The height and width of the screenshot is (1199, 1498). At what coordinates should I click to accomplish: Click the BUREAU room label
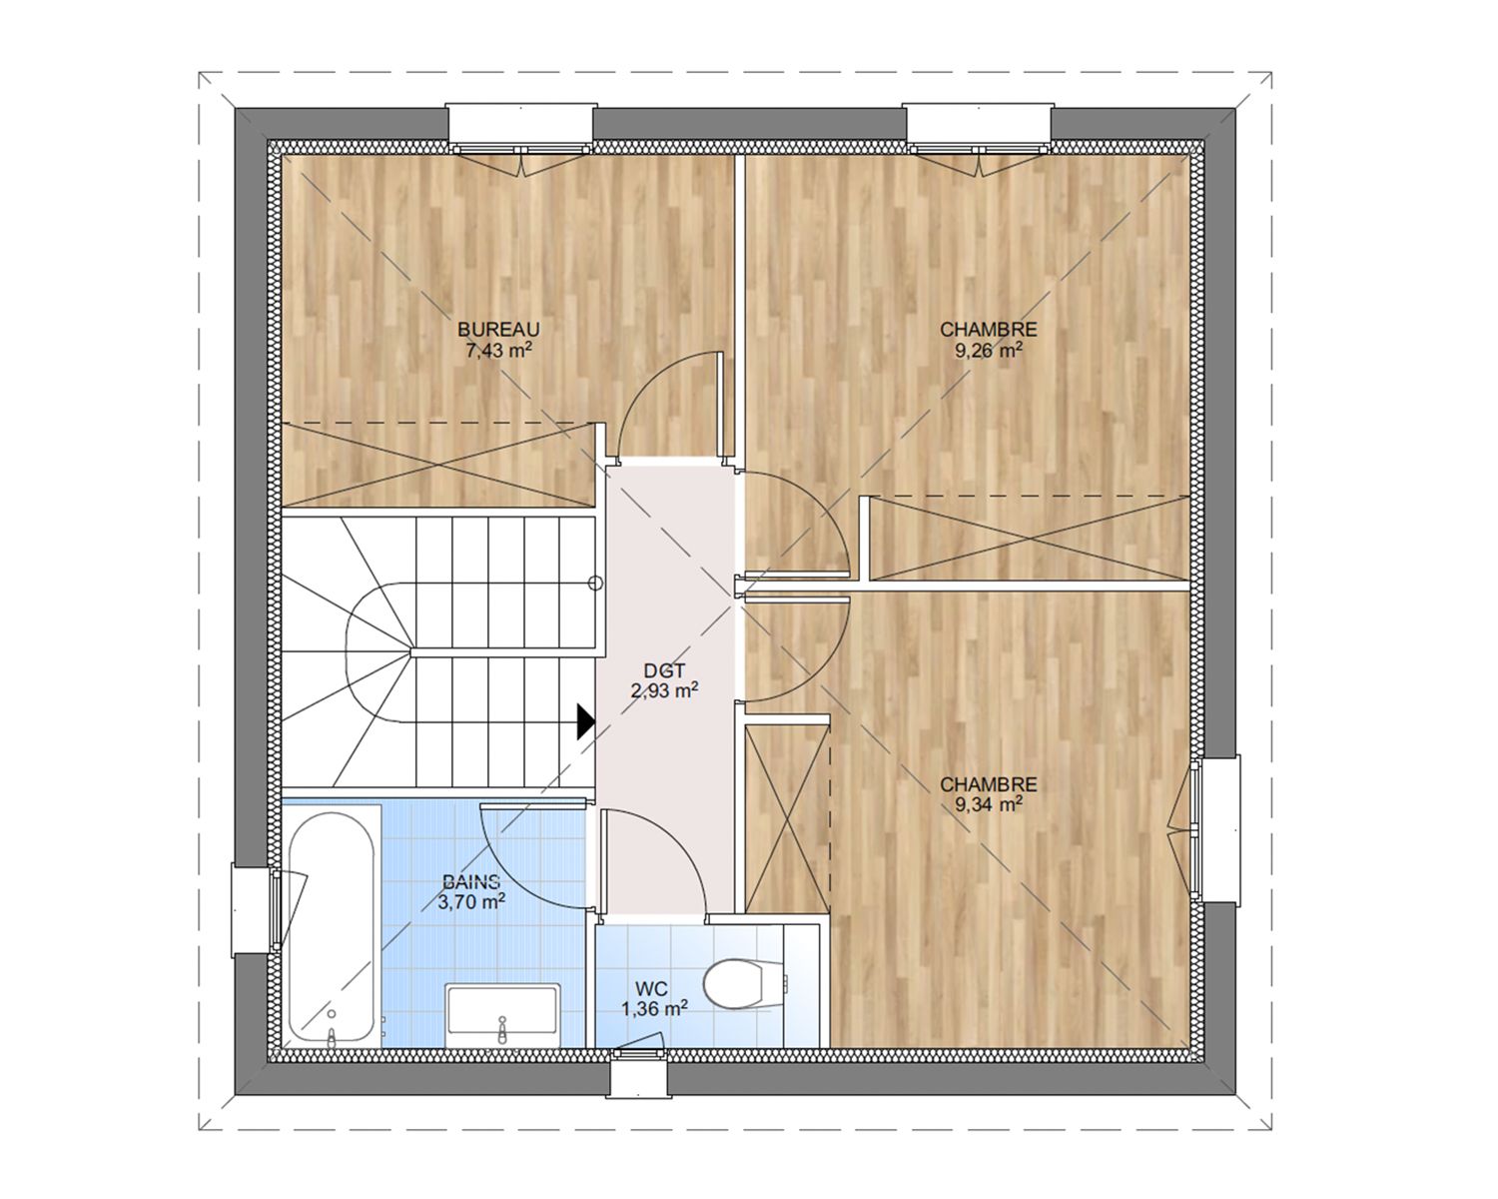click(x=498, y=329)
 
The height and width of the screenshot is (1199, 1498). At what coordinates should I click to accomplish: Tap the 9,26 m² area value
click(x=989, y=350)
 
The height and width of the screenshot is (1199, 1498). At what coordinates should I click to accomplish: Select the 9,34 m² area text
click(x=989, y=804)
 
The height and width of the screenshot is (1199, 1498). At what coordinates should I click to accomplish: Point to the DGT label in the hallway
click(x=665, y=670)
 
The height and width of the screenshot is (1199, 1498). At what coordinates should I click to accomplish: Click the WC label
click(x=651, y=988)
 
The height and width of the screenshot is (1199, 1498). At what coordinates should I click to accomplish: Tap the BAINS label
click(x=471, y=882)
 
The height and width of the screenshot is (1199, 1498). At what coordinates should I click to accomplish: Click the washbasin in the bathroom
click(x=502, y=1014)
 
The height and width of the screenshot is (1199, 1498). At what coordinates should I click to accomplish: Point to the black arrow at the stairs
click(x=585, y=721)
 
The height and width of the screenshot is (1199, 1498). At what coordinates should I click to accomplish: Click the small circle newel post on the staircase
click(x=595, y=584)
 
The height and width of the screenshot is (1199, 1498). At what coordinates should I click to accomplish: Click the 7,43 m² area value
click(x=498, y=350)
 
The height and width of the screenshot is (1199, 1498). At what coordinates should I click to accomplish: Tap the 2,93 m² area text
click(x=665, y=690)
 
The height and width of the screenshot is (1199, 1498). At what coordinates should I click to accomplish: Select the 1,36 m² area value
click(x=654, y=1008)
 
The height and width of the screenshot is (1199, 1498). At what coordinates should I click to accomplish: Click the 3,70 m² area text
click(x=471, y=902)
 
